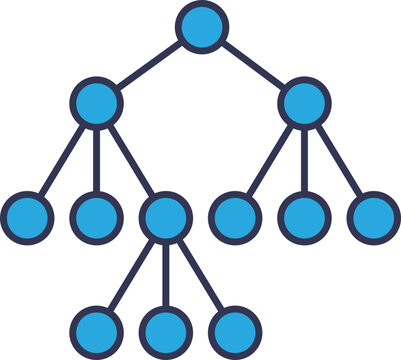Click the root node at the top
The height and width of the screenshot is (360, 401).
(201, 26)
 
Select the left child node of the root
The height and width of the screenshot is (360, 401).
(97, 102)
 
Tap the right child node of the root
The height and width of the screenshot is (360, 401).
(304, 102)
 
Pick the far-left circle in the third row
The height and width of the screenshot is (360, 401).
(27, 216)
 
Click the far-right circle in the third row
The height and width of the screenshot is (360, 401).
(373, 216)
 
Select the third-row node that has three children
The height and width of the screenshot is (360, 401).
(166, 216)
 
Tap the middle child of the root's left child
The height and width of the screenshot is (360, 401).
(97, 216)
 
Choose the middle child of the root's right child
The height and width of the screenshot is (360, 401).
(304, 216)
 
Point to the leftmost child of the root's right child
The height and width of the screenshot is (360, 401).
(235, 216)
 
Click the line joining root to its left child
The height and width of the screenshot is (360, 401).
(149, 64)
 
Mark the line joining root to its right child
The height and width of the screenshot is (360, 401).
(253, 64)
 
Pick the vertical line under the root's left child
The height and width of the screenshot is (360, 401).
(97, 159)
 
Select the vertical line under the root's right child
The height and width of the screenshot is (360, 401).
(304, 159)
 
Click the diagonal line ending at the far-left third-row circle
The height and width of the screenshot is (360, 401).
(62, 159)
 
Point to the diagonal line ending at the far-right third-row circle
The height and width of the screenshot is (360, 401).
(339, 159)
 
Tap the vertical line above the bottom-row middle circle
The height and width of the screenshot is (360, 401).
(166, 273)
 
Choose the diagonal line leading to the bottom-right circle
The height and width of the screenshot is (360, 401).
(201, 273)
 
